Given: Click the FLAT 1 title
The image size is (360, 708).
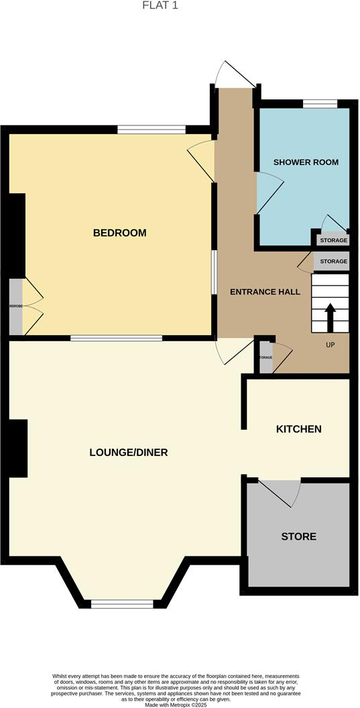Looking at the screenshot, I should [160, 5].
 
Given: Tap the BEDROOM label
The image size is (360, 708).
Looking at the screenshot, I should [119, 233].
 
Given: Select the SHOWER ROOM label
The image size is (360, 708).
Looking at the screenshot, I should [306, 162].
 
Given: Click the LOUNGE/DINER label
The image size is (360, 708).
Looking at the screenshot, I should [128, 453].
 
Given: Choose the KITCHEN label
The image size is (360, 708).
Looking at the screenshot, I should [299, 429].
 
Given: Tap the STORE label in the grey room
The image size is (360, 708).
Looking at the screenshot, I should [298, 536].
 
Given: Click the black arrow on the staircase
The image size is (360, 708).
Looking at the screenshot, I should [330, 316].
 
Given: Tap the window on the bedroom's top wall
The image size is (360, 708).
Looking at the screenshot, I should [152, 129].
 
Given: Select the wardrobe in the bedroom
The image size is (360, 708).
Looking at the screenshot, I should [15, 306].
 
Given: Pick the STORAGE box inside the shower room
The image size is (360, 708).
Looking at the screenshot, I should [333, 240].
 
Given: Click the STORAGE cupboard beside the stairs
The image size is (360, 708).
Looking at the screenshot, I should [333, 261].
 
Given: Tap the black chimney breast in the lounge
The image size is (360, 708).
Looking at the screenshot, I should [17, 448].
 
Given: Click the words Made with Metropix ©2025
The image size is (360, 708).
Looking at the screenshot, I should [180, 702].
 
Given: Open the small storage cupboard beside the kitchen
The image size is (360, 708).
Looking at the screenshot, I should [266, 357].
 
